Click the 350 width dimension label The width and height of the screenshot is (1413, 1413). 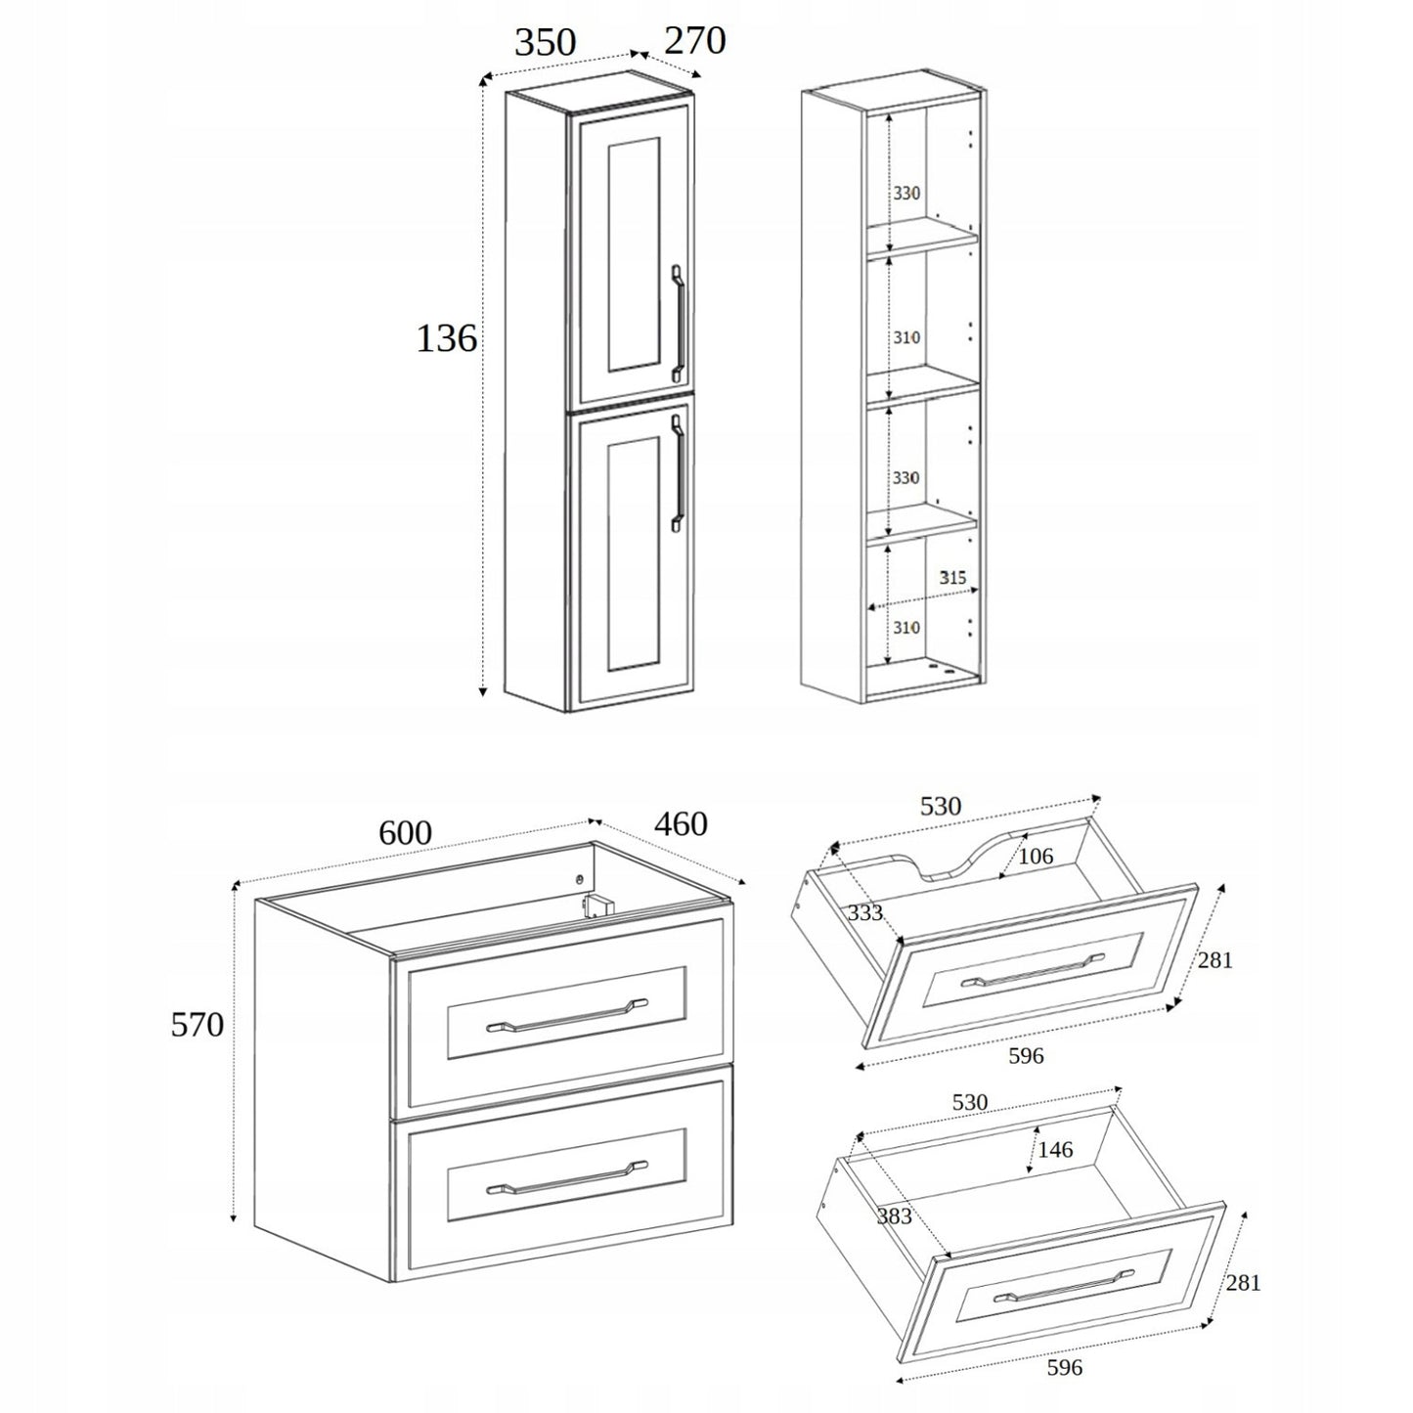[x=546, y=43]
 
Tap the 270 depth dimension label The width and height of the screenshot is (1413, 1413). [x=695, y=41]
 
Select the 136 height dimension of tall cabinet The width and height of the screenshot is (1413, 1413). [x=447, y=338]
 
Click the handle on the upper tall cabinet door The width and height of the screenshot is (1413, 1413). [x=677, y=322]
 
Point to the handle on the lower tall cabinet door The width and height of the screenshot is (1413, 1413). [x=677, y=472]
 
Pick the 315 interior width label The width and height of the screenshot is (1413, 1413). [x=952, y=578]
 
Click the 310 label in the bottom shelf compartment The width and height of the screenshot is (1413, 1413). [x=906, y=627]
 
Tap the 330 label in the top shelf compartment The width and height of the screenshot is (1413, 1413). [x=906, y=194]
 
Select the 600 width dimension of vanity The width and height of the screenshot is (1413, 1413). [x=405, y=832]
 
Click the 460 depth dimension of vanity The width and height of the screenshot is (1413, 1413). [x=681, y=824]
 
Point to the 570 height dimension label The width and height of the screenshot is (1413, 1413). [x=198, y=1025]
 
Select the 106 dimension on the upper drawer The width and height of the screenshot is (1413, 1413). [x=1036, y=857]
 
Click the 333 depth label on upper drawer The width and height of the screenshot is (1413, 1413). [x=864, y=912]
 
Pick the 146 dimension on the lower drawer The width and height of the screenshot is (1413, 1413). [x=1055, y=1149]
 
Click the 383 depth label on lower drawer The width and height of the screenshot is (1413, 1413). [x=894, y=1215]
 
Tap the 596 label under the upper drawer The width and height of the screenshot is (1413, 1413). [x=1026, y=1056]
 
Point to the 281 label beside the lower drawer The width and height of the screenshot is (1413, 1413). [x=1243, y=1282]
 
